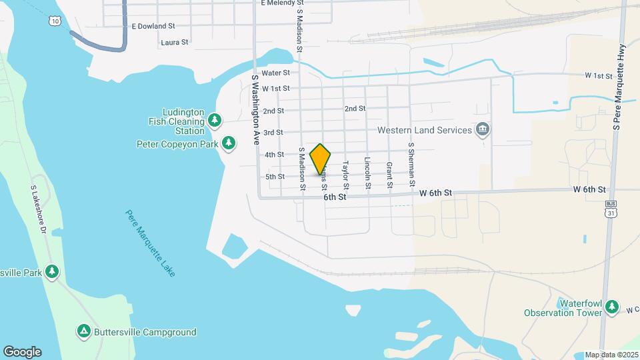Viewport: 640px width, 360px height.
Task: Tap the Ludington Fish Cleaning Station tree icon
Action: [215, 120]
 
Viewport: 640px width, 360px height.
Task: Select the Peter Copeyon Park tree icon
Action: [229, 143]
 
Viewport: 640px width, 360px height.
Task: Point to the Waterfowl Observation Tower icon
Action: [612, 307]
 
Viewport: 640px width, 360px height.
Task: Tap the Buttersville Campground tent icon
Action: [84, 331]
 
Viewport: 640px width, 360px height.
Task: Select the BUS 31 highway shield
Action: [610, 209]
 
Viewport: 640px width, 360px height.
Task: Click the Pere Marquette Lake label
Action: [151, 243]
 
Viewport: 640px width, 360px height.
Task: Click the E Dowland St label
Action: [153, 26]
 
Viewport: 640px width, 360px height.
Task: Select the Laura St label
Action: [175, 42]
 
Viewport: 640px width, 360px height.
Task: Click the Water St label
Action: [276, 73]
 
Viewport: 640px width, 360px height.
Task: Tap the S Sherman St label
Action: [412, 164]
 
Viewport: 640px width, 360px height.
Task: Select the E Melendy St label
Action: [287, 3]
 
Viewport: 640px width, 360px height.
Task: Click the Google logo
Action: [22, 352]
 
